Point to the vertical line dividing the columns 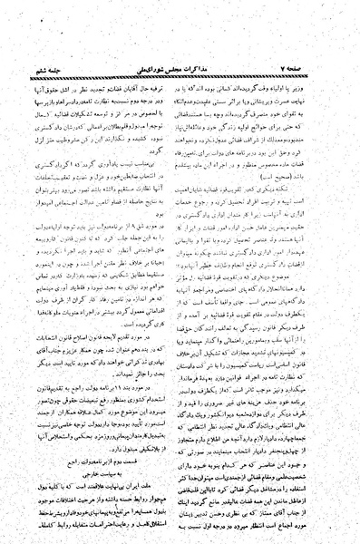tap(180, 272)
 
